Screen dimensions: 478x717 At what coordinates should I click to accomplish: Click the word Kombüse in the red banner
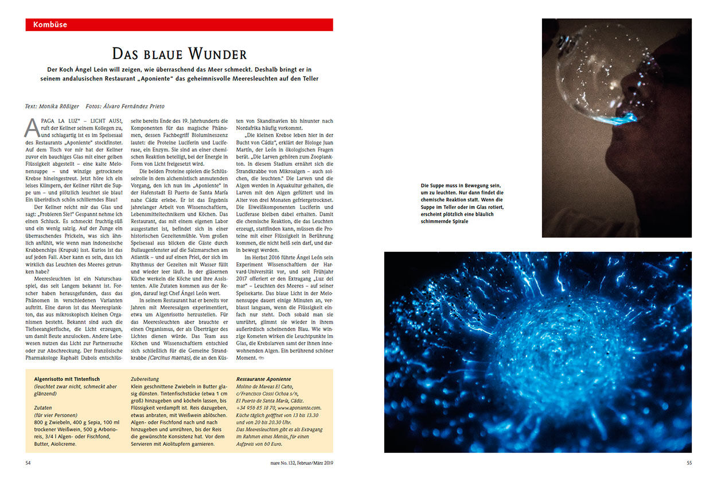click(x=50, y=25)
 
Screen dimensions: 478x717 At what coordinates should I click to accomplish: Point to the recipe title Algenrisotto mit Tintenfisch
click(x=67, y=379)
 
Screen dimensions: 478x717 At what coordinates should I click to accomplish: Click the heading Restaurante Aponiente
click(x=263, y=379)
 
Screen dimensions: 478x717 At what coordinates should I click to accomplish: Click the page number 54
click(x=29, y=462)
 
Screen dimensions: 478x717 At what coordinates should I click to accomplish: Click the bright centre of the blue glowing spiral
click(x=536, y=356)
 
